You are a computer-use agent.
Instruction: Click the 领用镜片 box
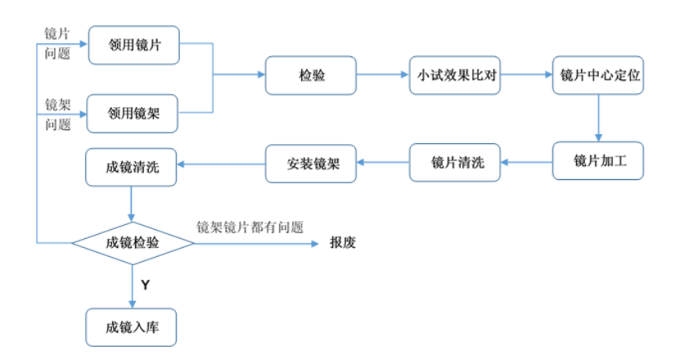(x=133, y=46)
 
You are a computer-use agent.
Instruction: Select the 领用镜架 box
(x=133, y=114)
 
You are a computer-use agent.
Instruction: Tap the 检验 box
(x=311, y=75)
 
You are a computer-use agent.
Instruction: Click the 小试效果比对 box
(x=454, y=75)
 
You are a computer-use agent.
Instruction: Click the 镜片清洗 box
(x=454, y=163)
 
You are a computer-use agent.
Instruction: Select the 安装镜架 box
(x=311, y=163)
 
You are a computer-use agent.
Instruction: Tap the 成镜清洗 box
(x=133, y=166)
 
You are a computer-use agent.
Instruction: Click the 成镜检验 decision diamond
(x=133, y=242)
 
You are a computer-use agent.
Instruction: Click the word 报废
(x=343, y=243)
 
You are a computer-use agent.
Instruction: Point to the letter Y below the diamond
(x=145, y=285)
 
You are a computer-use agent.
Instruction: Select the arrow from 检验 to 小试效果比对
(x=382, y=75)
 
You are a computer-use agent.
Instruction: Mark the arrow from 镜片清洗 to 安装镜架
(x=385, y=163)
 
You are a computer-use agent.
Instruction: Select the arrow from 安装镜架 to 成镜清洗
(x=222, y=164)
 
